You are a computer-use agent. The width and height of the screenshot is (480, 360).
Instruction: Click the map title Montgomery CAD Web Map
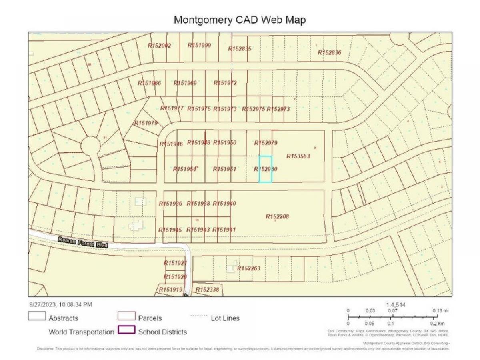tap(240, 20)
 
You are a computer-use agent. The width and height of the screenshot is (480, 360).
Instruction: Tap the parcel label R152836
tap(329, 53)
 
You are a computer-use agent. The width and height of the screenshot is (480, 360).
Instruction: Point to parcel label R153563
tap(298, 156)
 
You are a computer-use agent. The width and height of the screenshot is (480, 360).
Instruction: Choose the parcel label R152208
tap(277, 217)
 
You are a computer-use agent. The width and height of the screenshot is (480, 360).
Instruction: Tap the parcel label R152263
tap(248, 268)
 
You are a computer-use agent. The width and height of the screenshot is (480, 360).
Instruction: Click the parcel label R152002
tap(159, 46)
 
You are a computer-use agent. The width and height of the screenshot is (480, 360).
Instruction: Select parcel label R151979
tap(146, 123)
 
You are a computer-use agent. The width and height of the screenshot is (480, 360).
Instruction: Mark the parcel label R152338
tap(207, 290)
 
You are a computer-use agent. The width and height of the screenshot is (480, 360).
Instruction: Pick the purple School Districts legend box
tap(126, 331)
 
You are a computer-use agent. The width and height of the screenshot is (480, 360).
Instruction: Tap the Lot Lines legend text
tap(225, 318)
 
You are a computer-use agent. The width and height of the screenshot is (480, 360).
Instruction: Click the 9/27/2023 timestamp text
tap(60, 304)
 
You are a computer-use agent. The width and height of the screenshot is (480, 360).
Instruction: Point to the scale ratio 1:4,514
tap(396, 304)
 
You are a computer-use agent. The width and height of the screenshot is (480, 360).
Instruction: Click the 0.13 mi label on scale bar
tap(441, 311)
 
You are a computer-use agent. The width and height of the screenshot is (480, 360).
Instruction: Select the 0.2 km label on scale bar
tap(440, 324)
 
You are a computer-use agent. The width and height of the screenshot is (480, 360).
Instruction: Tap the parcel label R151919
tap(171, 290)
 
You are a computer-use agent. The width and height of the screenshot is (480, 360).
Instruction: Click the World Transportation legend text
tap(81, 332)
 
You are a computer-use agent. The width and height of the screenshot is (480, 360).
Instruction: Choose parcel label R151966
tap(149, 83)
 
